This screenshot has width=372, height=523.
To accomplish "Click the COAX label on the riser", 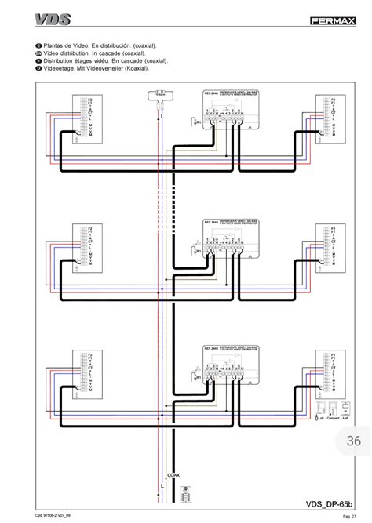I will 173,474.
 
